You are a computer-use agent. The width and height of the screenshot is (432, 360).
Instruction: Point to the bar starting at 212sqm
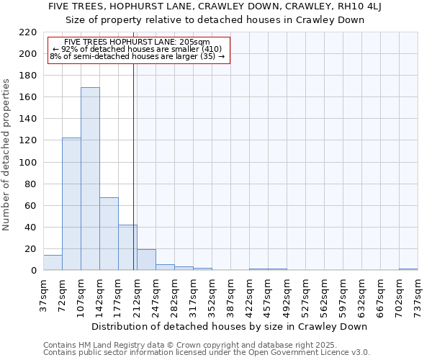pyautogui.click(x=146, y=260)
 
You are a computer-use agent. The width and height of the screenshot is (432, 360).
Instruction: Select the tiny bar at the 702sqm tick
pyautogui.click(x=408, y=269)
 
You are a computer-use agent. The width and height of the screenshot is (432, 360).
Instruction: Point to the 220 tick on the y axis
pyautogui.click(x=28, y=32)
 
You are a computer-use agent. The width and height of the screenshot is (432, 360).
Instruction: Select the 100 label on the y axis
pyautogui.click(x=28, y=163)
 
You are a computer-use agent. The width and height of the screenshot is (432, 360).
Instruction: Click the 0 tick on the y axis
pyautogui.click(x=34, y=271)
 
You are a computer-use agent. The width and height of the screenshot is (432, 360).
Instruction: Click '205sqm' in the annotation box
pyautogui.click(x=194, y=42)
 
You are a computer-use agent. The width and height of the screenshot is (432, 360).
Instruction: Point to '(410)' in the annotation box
pyautogui.click(x=208, y=49)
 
